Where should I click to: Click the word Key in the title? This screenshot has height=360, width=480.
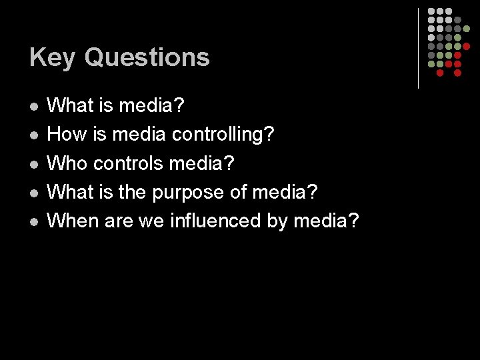[x=52, y=58]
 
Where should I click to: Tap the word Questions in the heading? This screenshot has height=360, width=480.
[x=147, y=58]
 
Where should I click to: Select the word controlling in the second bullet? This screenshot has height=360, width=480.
[x=223, y=135]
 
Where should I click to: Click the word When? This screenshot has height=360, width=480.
[x=75, y=220]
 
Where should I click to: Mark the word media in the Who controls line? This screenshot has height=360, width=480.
[x=201, y=163]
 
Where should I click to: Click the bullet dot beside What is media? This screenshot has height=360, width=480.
[x=34, y=107]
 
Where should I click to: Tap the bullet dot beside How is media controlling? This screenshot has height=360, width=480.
[x=34, y=135]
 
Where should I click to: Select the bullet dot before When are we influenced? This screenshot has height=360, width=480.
[x=34, y=221]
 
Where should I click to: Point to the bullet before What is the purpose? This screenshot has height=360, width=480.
[x=34, y=193]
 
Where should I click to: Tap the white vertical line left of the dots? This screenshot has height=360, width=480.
[x=418, y=48]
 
